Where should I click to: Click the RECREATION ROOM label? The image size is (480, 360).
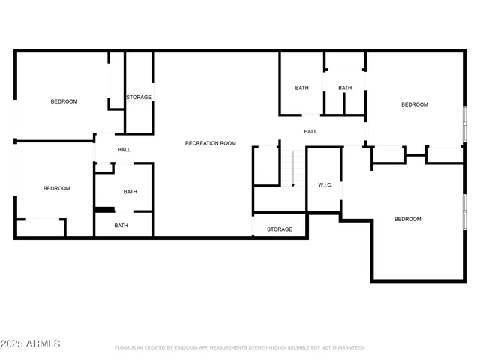pyautogui.click(x=211, y=142)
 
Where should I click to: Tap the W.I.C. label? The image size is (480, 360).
pyautogui.click(x=325, y=184)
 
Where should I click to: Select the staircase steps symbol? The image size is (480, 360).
pyautogui.click(x=293, y=169)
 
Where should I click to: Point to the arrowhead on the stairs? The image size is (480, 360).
pyautogui.click(x=293, y=184)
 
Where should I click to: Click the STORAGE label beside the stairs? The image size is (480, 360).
pyautogui.click(x=280, y=229)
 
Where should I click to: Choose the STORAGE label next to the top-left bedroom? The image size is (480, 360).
pyautogui.click(x=139, y=97)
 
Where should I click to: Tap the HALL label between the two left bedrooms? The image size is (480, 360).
pyautogui.click(x=124, y=150)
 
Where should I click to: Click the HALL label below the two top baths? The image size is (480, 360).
pyautogui.click(x=310, y=131)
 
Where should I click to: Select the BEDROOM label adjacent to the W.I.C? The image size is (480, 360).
pyautogui.click(x=408, y=219)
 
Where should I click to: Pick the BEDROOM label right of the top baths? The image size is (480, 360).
pyautogui.click(x=414, y=104)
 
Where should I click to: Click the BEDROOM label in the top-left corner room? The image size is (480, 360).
pyautogui.click(x=64, y=101)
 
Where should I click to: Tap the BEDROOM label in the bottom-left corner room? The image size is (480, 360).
pyautogui.click(x=56, y=188)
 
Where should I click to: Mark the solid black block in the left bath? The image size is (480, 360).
pyautogui.click(x=103, y=210)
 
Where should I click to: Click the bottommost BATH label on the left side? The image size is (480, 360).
pyautogui.click(x=121, y=226)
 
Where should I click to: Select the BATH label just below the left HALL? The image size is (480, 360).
pyautogui.click(x=130, y=191)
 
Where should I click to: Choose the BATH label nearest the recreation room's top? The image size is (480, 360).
pyautogui.click(x=301, y=88)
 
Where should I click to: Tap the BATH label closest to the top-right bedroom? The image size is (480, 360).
pyautogui.click(x=345, y=88)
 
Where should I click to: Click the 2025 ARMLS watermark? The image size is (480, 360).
pyautogui.click(x=31, y=343)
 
